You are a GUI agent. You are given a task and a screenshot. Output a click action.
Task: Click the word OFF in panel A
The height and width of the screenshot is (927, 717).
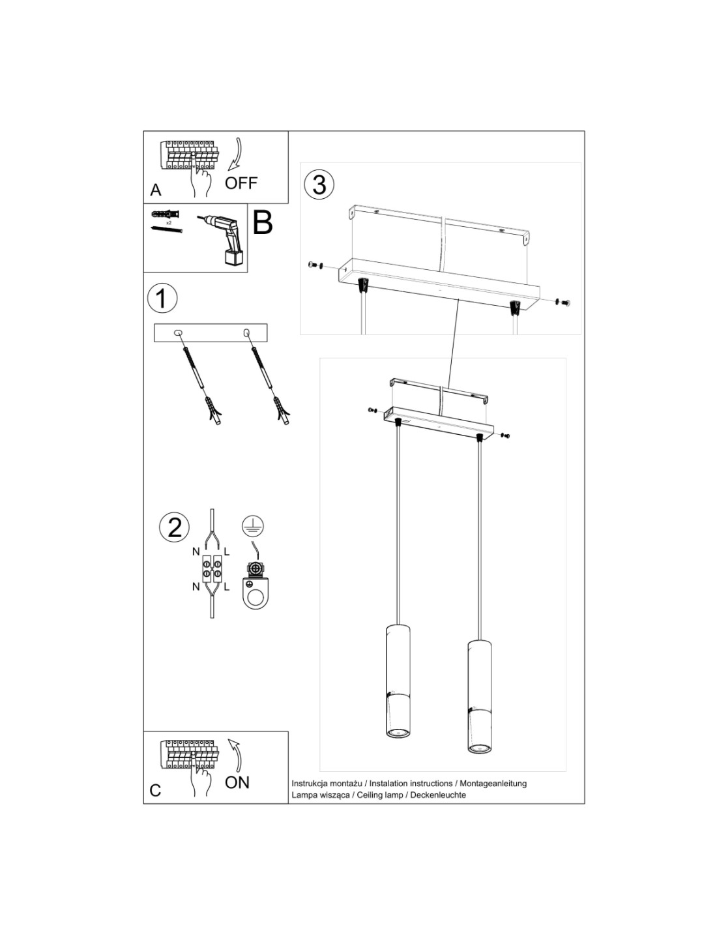[x=241, y=183]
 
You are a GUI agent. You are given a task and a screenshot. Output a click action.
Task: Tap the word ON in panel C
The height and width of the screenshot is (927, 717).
[x=237, y=782]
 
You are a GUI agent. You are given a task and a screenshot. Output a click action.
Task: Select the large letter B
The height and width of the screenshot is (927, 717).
[x=262, y=223]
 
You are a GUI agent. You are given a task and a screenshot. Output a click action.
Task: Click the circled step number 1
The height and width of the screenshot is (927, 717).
[x=162, y=298]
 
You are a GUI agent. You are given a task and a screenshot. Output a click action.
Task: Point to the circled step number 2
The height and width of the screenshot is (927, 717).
[x=175, y=527]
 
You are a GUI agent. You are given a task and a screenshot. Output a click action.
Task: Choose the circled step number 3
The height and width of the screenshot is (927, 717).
[x=319, y=184]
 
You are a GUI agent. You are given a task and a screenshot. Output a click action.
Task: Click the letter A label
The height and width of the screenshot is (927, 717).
[x=156, y=190]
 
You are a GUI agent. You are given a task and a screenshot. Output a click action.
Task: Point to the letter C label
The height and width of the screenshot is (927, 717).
[x=155, y=791]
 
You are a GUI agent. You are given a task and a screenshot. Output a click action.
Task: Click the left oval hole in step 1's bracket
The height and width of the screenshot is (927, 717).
[x=179, y=334]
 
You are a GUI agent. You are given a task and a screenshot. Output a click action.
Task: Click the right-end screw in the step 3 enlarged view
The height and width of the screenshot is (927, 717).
[x=565, y=302]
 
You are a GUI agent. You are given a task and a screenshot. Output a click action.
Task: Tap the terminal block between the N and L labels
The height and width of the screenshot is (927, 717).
[x=211, y=568]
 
